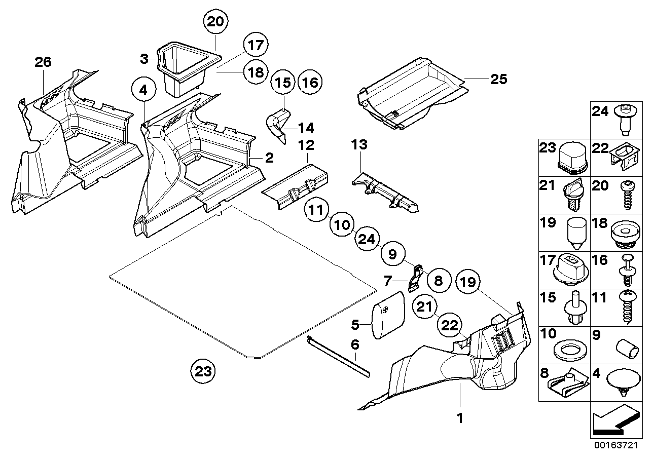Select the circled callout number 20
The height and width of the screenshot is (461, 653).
pyautogui.click(x=216, y=22)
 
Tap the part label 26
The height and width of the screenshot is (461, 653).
pyautogui.click(x=43, y=62)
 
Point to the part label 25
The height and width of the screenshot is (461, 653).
pyautogui.click(x=498, y=79)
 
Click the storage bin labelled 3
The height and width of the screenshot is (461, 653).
pyautogui.click(x=183, y=68)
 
